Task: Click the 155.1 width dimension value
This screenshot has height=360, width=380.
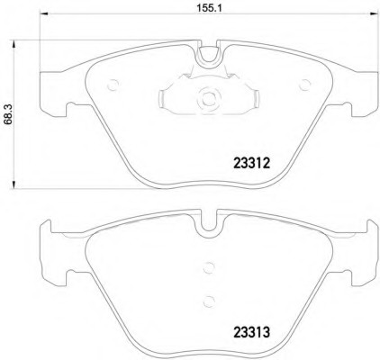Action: coord(209,8)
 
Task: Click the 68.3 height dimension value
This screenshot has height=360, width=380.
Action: coord(8,115)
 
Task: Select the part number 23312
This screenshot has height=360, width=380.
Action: coord(252,164)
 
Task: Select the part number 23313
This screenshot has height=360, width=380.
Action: coord(251,332)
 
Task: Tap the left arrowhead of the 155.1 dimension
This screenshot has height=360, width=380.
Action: coord(44,13)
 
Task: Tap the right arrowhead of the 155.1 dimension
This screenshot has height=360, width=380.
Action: coord(374,13)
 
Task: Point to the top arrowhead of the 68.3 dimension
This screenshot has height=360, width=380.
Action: coord(14,44)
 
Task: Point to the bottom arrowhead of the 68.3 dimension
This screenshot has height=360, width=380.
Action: coord(14,184)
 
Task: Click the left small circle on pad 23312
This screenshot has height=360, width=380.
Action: coord(113,85)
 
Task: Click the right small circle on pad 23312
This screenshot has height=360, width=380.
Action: coord(305,85)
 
